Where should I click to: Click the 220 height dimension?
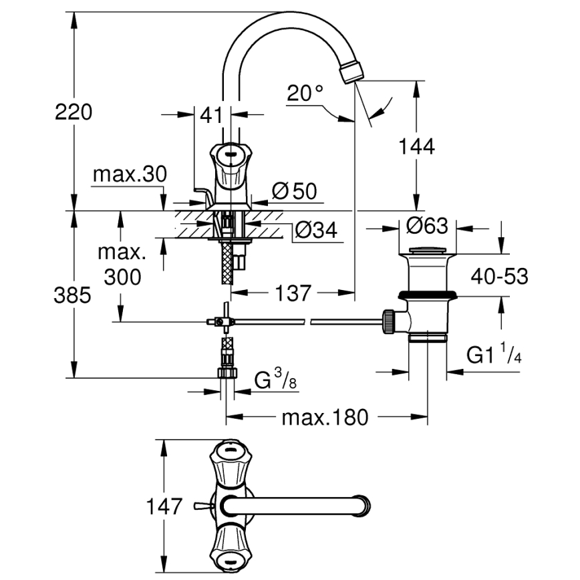tap(73, 112)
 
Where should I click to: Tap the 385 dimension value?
tap(71, 295)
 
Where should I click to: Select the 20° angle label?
tap(305, 94)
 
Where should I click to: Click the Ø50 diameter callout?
tap(294, 192)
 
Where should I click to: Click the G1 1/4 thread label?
tap(494, 355)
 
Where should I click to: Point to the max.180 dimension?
tap(325, 418)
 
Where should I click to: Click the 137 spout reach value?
tap(291, 293)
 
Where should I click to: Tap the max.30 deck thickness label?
tap(128, 175)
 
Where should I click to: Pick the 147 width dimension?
tap(163, 506)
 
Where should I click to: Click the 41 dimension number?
tap(211, 115)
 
